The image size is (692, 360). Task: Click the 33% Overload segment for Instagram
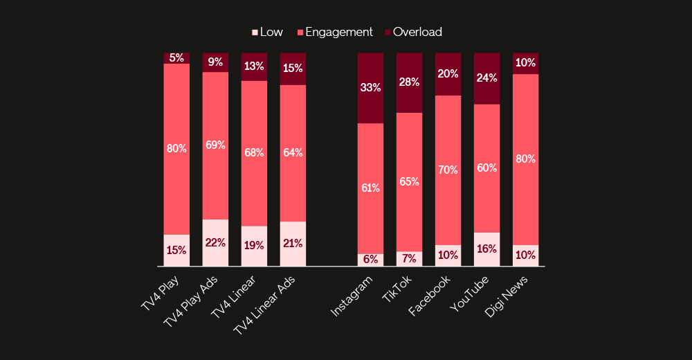[370, 88]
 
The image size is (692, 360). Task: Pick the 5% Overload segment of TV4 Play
[176, 58]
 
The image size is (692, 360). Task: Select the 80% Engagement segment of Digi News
[525, 159]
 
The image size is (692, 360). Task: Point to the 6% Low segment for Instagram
[370, 260]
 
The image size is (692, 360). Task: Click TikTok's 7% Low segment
[409, 259]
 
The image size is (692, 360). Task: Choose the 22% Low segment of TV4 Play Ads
[215, 243]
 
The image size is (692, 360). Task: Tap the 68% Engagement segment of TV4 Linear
[254, 153]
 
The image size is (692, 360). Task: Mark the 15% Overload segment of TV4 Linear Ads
[293, 69]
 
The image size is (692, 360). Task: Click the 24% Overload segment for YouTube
[486, 78]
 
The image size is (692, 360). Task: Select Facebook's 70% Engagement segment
[448, 170]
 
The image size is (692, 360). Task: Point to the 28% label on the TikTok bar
[409, 82]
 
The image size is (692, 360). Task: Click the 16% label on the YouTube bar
[486, 249]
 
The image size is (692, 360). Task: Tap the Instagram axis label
[353, 296]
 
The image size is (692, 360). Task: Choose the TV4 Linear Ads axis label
[266, 305]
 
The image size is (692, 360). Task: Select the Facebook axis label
[430, 296]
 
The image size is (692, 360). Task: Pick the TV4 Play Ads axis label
[191, 302]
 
